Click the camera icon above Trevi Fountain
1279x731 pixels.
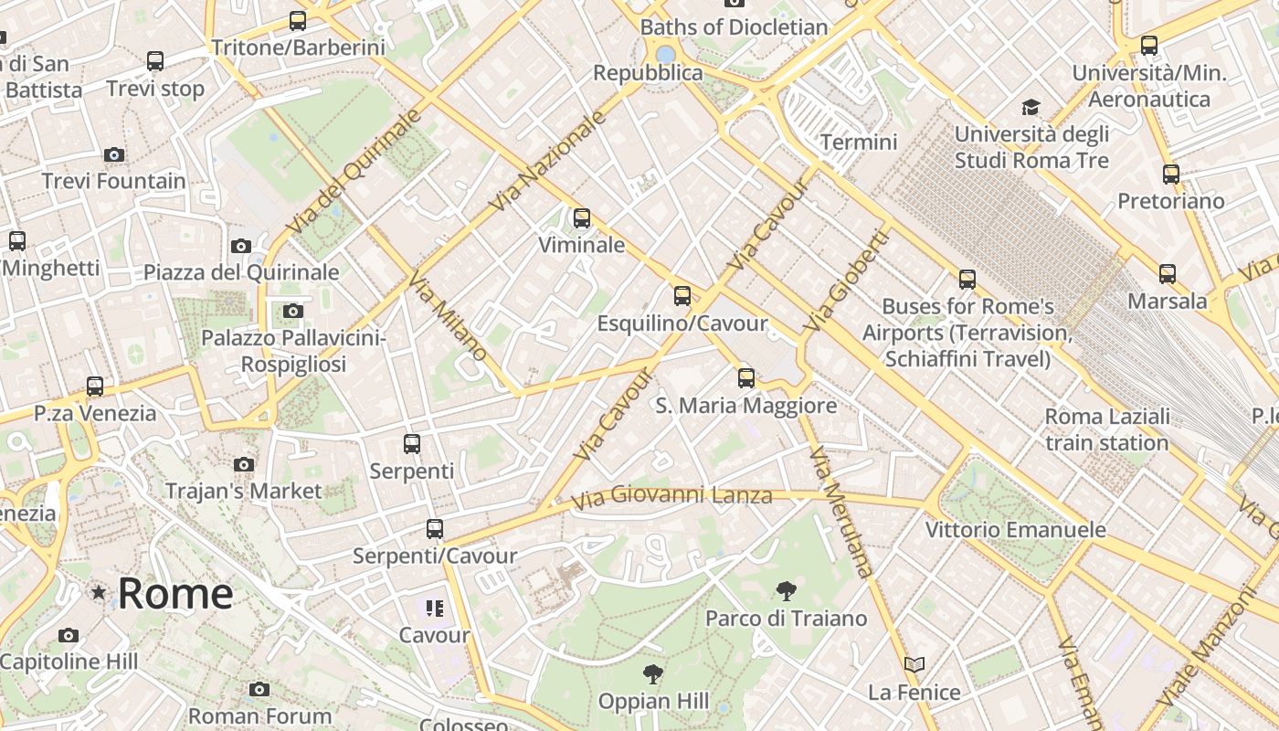(x=114, y=154)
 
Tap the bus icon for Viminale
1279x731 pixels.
(x=582, y=218)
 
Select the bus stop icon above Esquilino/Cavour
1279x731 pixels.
(x=682, y=295)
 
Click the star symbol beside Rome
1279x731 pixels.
(x=99, y=593)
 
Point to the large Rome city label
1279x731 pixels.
(x=175, y=594)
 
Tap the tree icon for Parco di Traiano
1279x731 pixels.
(x=786, y=591)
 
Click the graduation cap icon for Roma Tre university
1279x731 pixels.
(x=1031, y=107)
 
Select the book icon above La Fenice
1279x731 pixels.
(x=914, y=664)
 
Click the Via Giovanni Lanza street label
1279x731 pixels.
(x=672, y=497)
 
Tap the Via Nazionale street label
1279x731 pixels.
(x=548, y=162)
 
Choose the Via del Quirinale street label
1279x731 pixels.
(x=354, y=171)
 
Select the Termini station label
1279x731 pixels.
(x=859, y=143)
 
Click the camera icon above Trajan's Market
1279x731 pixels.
(x=244, y=464)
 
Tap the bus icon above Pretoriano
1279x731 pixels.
(x=1171, y=174)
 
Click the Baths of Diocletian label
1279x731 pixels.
(x=734, y=27)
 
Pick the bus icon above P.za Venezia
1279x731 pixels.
(x=95, y=386)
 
